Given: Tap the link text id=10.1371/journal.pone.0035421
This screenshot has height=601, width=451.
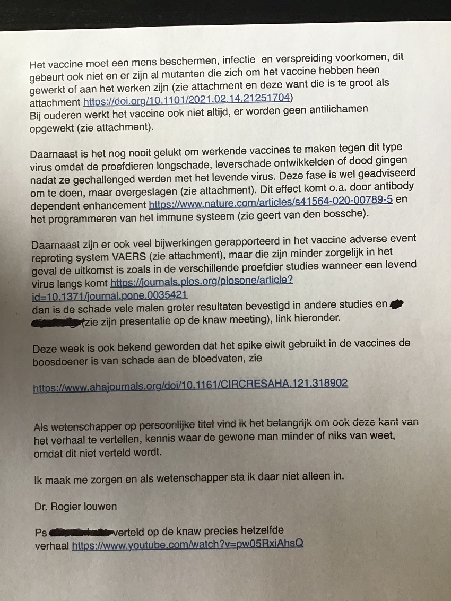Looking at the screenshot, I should pyautogui.click(x=109, y=295).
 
